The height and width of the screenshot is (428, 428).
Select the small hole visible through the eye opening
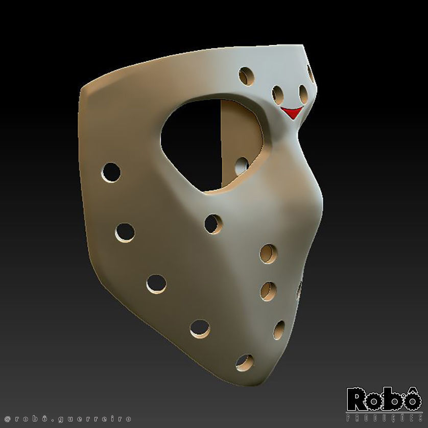pyautogui.click(x=242, y=165)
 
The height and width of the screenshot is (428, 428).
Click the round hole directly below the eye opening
pyautogui.click(x=213, y=224)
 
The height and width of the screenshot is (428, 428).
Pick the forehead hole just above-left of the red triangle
pyautogui.click(x=278, y=93)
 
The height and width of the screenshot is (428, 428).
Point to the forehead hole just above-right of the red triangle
pyautogui.click(x=303, y=93)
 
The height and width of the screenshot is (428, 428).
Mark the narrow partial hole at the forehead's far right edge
pyautogui.click(x=310, y=72)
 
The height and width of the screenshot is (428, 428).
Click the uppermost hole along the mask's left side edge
pyautogui.click(x=111, y=173)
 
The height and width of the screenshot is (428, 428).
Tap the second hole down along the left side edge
pyautogui.click(x=125, y=232)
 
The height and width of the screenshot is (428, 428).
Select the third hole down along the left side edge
pyautogui.click(x=156, y=284)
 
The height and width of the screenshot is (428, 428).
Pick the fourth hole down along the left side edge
pyautogui.click(x=200, y=328)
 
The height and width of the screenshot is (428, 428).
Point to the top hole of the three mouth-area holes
pyautogui.click(x=269, y=254)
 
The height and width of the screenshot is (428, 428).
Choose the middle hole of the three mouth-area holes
pyautogui.click(x=269, y=291)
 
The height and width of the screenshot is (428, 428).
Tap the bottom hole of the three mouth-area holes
pyautogui.click(x=279, y=330)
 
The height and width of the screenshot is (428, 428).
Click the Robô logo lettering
pyautogui.click(x=384, y=400)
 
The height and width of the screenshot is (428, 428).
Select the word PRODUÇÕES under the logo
pyautogui.click(x=384, y=418)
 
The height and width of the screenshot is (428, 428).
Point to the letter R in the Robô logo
pyautogui.click(x=357, y=400)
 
